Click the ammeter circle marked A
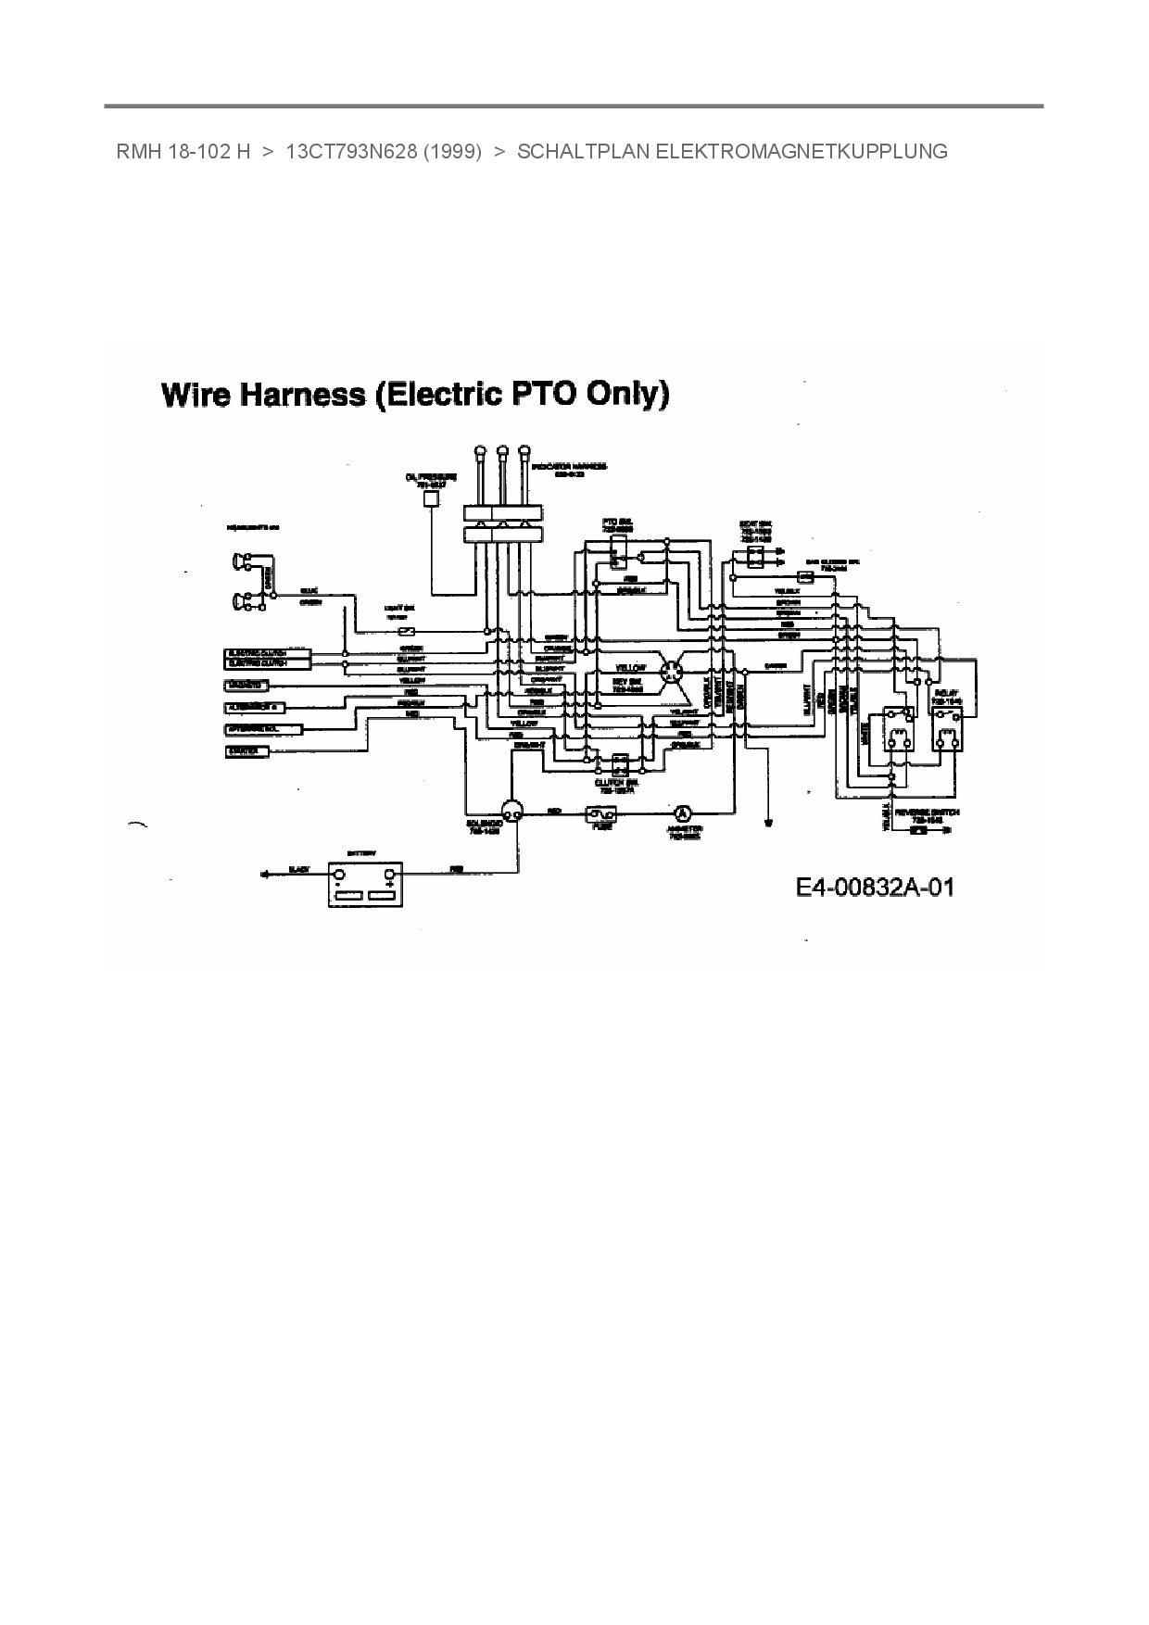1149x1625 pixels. point(682,812)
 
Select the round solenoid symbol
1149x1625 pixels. point(511,809)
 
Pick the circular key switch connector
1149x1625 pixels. point(672,670)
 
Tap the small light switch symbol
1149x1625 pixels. point(405,629)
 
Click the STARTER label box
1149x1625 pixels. point(247,751)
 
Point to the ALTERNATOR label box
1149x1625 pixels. point(258,708)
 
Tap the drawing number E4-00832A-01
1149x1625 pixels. point(875,888)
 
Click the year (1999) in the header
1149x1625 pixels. point(451,152)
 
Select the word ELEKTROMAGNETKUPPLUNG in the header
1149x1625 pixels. point(801,152)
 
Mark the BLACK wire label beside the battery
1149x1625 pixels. point(298,869)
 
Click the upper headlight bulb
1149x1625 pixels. point(238,561)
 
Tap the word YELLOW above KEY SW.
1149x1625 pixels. point(631,667)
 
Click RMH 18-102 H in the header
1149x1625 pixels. point(183,152)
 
